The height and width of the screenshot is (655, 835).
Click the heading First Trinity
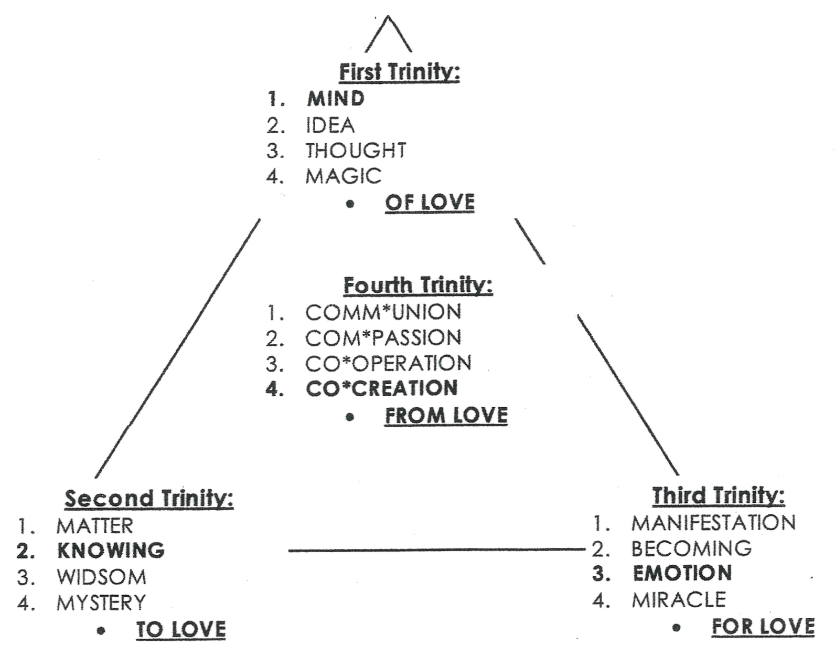click(x=399, y=72)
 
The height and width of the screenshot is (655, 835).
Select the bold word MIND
click(x=336, y=99)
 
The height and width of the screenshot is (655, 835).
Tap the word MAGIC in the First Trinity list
click(x=344, y=176)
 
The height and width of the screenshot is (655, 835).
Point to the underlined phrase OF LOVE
click(x=430, y=203)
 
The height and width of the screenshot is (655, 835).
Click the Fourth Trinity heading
click(x=418, y=286)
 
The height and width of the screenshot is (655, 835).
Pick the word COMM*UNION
click(x=383, y=313)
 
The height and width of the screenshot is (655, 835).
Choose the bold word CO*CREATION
click(x=382, y=388)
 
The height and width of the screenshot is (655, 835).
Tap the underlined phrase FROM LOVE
click(x=446, y=416)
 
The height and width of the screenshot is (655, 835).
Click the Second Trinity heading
click(x=149, y=499)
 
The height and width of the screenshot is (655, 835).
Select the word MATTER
click(x=95, y=526)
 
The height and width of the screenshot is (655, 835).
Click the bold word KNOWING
click(x=111, y=551)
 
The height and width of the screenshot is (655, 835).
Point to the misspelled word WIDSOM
click(x=101, y=577)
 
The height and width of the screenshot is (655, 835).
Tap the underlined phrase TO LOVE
click(x=181, y=629)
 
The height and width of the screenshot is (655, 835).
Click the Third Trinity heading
click(x=719, y=495)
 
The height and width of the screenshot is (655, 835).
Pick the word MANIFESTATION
click(x=713, y=523)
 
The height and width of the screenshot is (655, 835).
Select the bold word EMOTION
click(x=682, y=573)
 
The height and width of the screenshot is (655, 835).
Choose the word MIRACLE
click(x=679, y=599)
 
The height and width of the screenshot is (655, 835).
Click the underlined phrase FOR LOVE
click(x=763, y=627)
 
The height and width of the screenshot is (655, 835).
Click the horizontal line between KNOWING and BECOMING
click(x=435, y=550)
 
